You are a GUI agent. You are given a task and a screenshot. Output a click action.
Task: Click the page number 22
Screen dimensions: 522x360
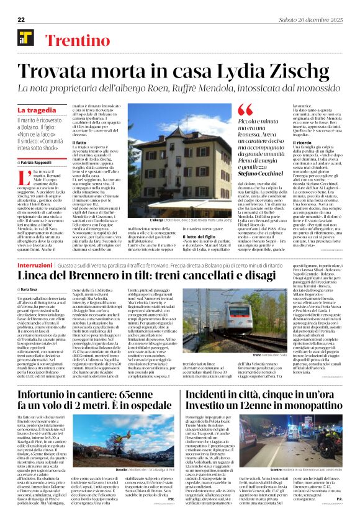(x=21, y=20)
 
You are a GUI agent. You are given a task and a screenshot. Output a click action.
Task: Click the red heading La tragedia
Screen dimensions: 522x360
(x=36, y=110)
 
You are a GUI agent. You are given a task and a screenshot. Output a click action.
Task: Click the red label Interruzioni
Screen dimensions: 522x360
(x=35, y=265)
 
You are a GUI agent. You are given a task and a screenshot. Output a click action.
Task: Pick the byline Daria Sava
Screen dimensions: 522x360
(x=32, y=290)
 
